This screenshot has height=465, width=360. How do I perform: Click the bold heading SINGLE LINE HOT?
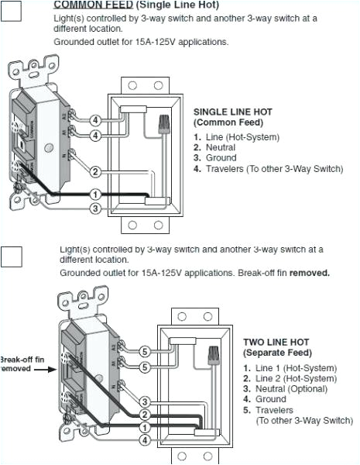[x=232, y=112]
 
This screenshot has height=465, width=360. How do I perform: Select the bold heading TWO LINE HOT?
[x=276, y=342]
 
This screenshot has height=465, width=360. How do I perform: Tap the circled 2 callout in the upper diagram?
[x=95, y=171]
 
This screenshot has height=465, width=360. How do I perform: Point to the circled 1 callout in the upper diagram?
[x=95, y=194]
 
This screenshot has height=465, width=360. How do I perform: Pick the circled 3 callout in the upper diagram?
[x=95, y=208]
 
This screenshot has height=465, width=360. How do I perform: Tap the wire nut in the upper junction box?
[x=163, y=125]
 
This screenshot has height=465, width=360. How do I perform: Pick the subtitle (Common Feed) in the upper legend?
[x=228, y=122]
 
